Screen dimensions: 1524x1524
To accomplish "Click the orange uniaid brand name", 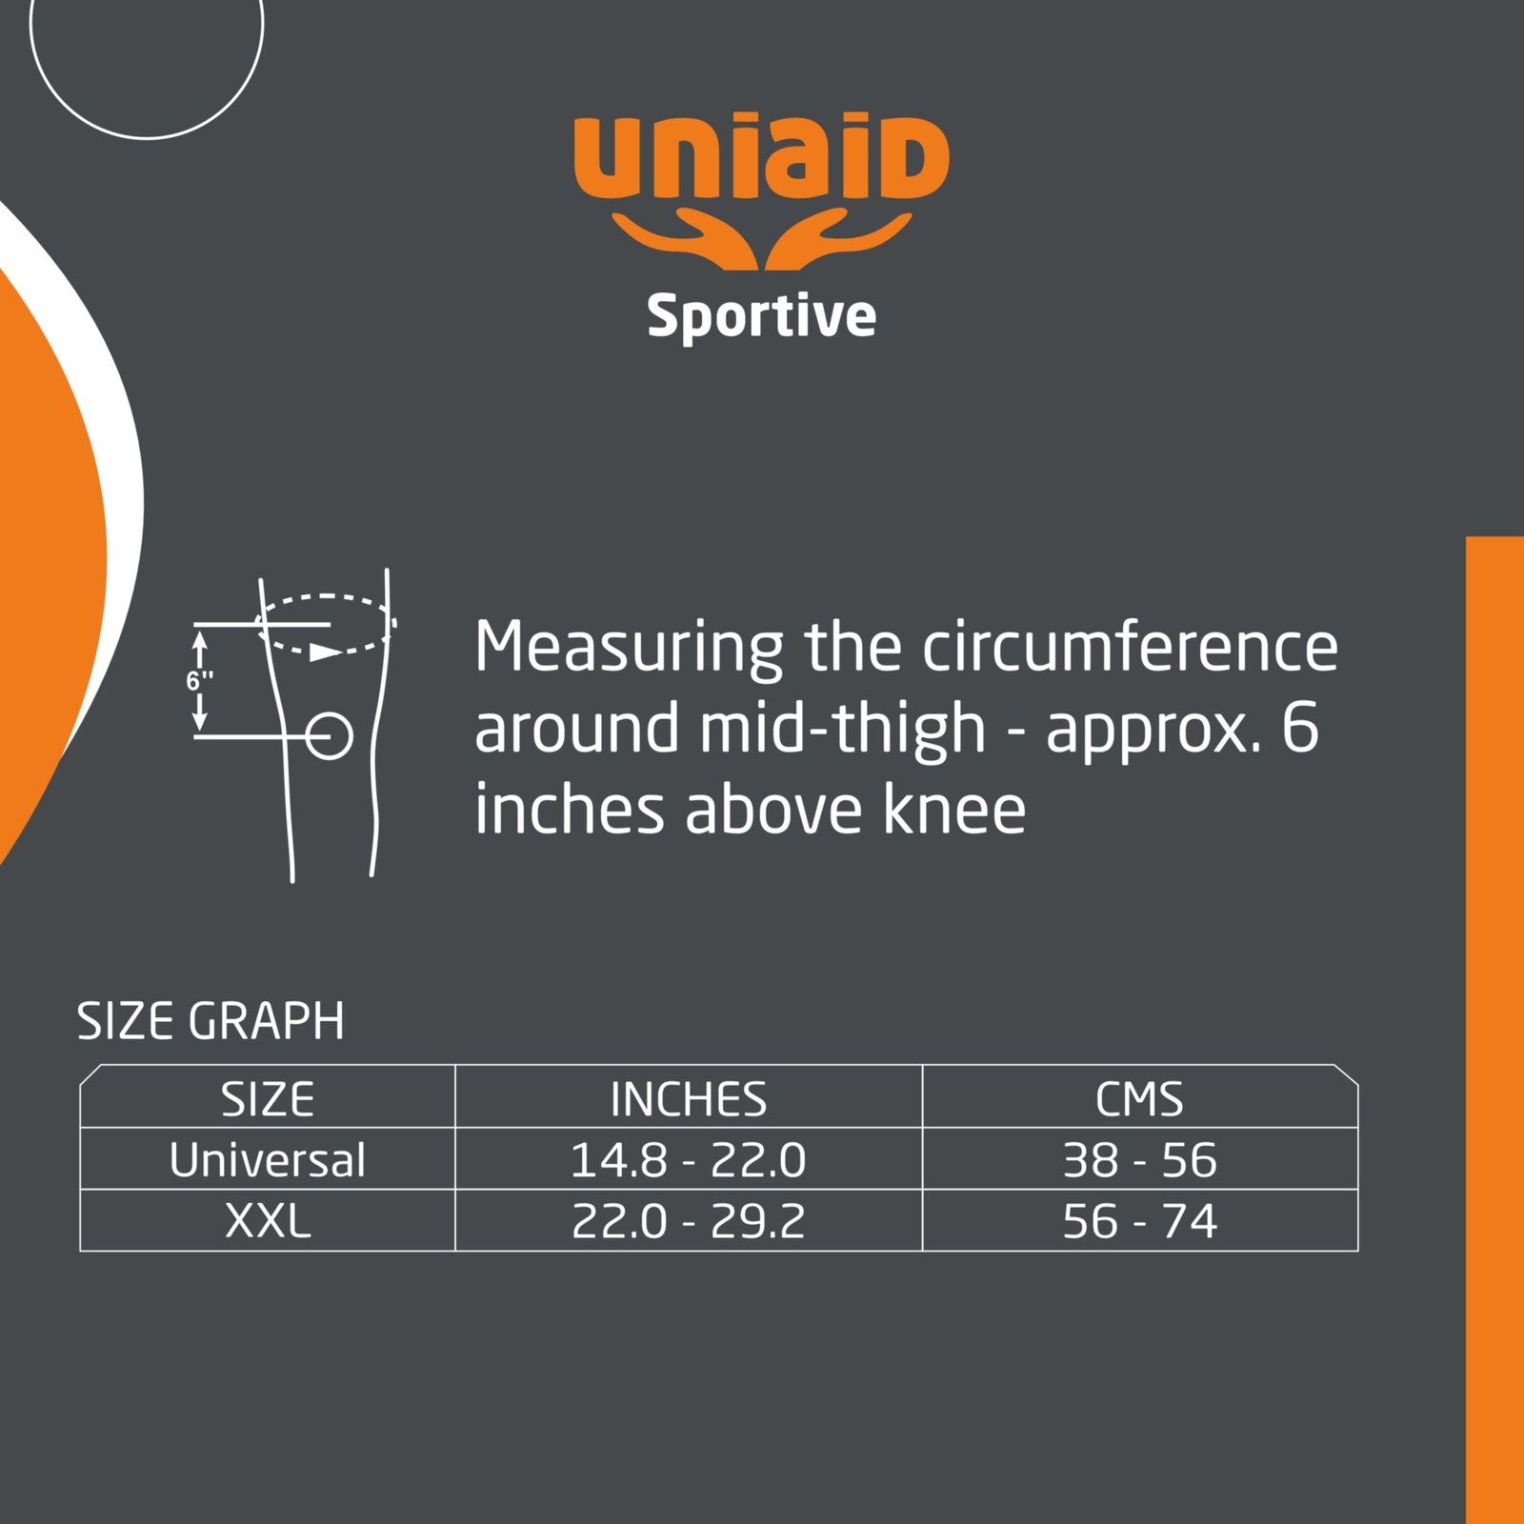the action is click(761, 156).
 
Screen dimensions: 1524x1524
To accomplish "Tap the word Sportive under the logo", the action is click(761, 316).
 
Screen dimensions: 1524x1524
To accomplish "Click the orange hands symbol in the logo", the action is click(761, 239).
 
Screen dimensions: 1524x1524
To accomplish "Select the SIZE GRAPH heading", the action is click(211, 1021).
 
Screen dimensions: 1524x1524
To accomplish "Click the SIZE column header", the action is click(268, 1099).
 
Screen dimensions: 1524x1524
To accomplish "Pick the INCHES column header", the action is click(689, 1099).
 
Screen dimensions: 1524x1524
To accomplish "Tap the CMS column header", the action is click(1139, 1099).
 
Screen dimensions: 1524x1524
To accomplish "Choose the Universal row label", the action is click(268, 1160).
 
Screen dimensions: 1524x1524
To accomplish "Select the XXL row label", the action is click(268, 1221).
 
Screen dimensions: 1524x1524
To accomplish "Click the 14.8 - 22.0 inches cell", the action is click(689, 1160).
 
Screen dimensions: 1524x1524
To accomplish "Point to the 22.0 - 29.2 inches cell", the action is click(689, 1221).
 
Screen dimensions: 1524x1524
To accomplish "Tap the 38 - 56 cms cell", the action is click(1139, 1160).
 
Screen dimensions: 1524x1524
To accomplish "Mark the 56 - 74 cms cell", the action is click(1139, 1221).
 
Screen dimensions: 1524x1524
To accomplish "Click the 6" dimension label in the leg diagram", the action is click(200, 680).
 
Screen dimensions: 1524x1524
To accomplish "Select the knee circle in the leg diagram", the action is click(329, 735).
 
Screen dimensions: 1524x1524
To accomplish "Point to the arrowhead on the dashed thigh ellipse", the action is click(326, 652).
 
